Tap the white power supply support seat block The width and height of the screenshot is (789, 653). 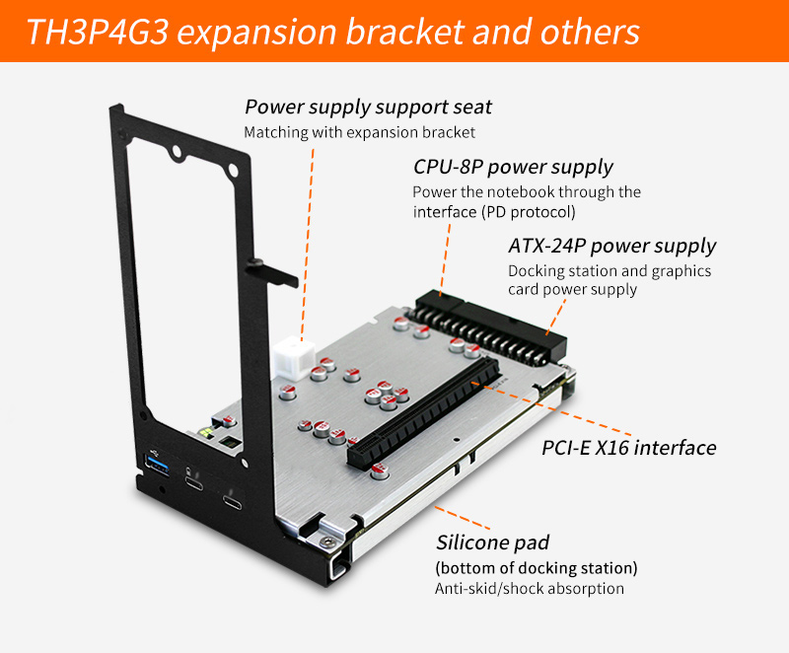tap(295, 359)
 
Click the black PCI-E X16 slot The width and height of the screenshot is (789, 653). tap(424, 413)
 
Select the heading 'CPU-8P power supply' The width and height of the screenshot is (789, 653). tap(513, 167)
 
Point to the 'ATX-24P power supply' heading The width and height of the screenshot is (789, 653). tap(611, 246)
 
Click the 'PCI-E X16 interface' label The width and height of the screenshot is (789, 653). tap(628, 447)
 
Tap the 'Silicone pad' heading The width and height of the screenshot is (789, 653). tap(492, 543)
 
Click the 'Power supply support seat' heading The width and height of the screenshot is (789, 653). tap(368, 108)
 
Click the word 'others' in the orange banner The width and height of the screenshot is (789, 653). tap(590, 32)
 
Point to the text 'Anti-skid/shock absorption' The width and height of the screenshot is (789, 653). tap(530, 589)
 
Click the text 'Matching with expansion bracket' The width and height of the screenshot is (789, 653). tap(359, 132)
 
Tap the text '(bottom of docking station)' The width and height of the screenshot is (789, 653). tap(537, 568)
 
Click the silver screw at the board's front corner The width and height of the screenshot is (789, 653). tap(328, 542)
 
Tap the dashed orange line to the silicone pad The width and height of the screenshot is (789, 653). tap(462, 518)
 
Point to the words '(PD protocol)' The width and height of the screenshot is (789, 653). tap(529, 212)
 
